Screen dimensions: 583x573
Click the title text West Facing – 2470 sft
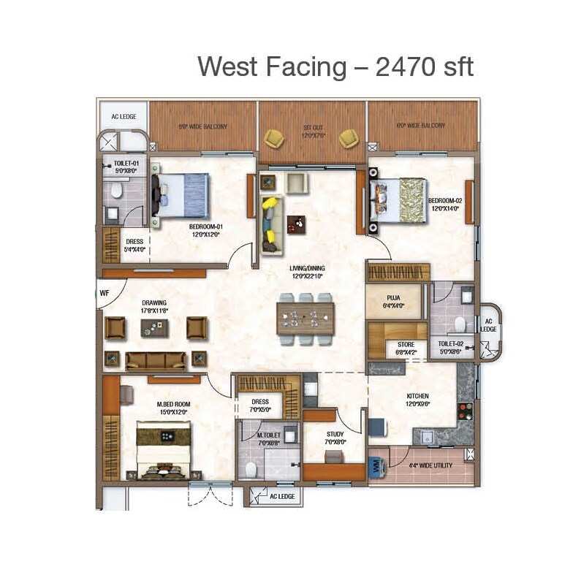(x=335, y=66)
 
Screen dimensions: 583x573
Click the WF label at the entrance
(x=105, y=293)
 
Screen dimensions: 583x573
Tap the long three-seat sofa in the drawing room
(x=156, y=359)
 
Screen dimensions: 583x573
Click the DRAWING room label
(x=154, y=306)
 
